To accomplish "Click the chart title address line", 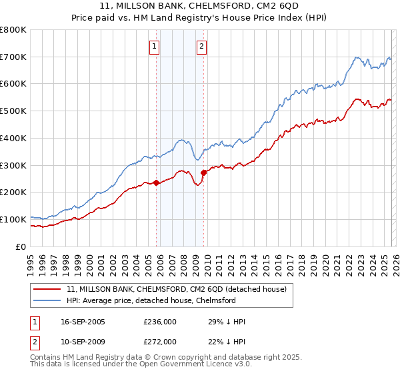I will pos(200,5).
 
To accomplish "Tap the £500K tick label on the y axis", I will pos(13,111).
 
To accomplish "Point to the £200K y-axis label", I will pos(13,192).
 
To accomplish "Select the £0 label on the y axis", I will pos(21,246).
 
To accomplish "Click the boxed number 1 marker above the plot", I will pos(154,47).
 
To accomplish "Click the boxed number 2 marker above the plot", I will pos(201,47).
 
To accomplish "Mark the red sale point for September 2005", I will pos(157,183).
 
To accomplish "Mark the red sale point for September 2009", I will pos(203,173).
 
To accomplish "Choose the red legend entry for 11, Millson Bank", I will pos(176,289).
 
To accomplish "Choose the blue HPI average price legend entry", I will pos(151,300).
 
